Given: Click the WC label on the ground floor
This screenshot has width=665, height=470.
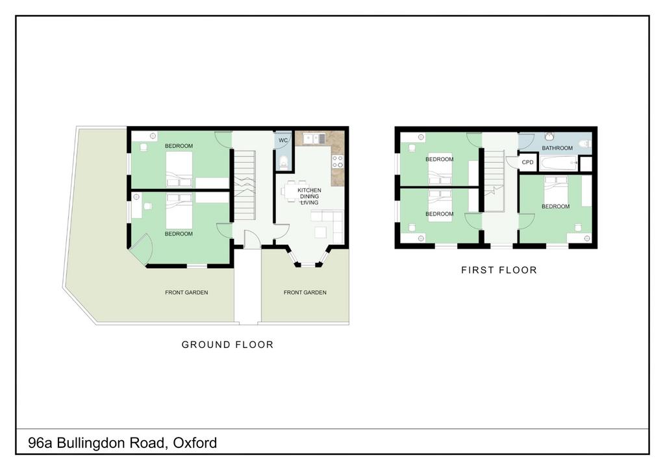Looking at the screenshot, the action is [283, 140].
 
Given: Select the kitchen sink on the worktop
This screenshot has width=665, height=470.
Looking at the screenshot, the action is [314, 138].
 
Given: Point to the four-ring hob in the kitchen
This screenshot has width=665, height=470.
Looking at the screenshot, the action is [338, 162].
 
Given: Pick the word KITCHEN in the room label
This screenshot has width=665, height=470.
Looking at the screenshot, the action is [309, 190].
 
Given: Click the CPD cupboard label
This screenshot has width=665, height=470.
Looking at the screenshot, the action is [527, 162].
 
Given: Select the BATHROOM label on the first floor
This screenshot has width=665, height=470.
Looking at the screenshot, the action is [557, 148].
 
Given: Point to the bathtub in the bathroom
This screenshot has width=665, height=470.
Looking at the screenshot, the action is [558, 163].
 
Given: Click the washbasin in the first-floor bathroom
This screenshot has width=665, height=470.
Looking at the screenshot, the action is [549, 136].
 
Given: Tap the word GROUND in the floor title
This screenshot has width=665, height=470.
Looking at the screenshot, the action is [203, 345].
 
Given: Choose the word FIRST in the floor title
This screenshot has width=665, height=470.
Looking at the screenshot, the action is [477, 270].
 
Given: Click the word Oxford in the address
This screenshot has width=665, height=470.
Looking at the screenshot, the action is [195, 443].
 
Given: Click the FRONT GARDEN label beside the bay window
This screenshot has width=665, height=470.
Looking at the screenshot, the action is [305, 292].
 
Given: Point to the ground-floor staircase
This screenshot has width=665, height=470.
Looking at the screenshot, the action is [245, 185].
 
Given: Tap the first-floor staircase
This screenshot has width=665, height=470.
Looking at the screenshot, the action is [494, 180].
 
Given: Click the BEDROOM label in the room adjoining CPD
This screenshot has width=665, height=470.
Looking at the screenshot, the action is [556, 206].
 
